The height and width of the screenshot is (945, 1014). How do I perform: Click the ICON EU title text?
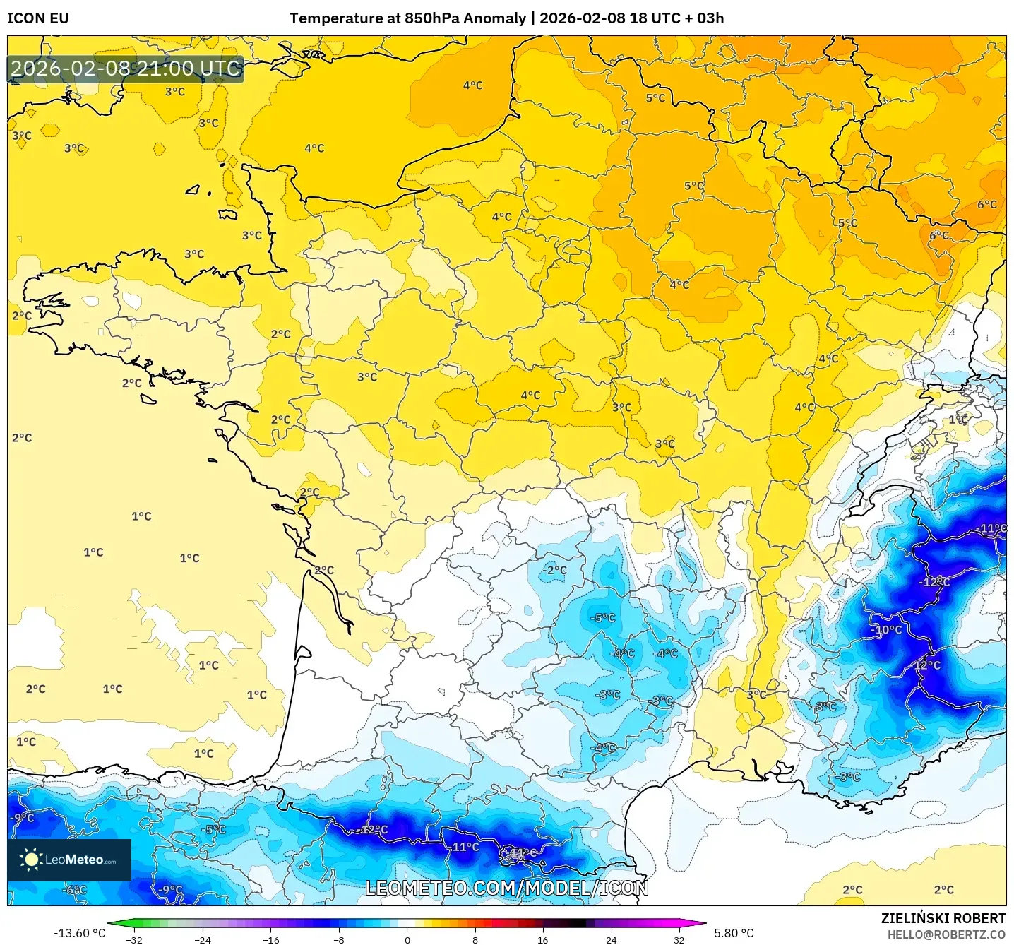click(x=38, y=18)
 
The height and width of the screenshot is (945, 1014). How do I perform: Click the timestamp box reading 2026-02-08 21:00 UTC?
click(x=126, y=69)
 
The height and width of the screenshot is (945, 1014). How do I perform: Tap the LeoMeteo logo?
click(x=69, y=860)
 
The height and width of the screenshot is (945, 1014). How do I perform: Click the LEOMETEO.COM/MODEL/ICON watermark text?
click(x=506, y=888)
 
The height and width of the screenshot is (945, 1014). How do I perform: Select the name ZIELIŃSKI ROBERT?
click(x=943, y=918)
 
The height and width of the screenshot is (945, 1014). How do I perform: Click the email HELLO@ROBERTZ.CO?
click(x=946, y=934)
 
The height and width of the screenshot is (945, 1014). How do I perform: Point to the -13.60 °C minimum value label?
click(x=79, y=933)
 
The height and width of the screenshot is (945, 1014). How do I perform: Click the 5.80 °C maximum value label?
click(x=734, y=933)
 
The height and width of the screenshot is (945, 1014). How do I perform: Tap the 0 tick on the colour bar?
click(x=407, y=939)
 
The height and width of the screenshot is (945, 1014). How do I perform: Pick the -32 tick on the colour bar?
click(x=134, y=939)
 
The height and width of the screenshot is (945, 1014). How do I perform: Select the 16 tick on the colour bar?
click(x=543, y=939)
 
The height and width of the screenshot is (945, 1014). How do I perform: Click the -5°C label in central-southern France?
click(x=603, y=618)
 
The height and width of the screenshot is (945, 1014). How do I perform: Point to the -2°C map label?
click(x=554, y=570)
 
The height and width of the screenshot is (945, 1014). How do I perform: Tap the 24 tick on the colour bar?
click(x=611, y=939)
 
